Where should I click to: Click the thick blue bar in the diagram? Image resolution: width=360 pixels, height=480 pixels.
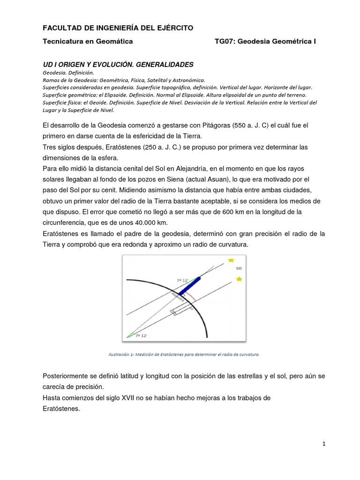coord(189,286)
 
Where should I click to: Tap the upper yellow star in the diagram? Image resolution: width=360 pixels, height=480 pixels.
coord(230,261)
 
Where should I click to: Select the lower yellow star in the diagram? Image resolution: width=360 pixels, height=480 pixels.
coord(239,279)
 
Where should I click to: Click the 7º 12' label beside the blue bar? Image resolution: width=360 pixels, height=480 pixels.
coord(183,280)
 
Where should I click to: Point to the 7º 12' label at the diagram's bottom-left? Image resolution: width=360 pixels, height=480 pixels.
coord(141,336)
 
